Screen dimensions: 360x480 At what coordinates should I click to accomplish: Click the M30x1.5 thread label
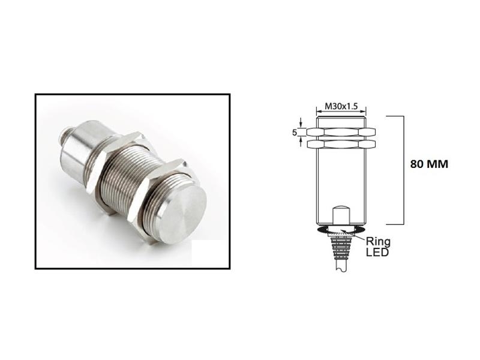[x=341, y=106]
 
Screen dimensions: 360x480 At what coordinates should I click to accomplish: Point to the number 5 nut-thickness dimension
[x=295, y=133]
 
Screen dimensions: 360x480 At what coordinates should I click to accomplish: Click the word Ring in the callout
[x=379, y=242]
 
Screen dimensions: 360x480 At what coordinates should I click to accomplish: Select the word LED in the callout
[x=379, y=252]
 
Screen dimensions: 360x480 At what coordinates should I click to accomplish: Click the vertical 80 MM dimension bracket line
[x=401, y=168]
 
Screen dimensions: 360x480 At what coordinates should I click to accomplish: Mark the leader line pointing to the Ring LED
[x=362, y=236]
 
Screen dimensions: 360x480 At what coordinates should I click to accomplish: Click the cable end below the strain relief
[x=340, y=268]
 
